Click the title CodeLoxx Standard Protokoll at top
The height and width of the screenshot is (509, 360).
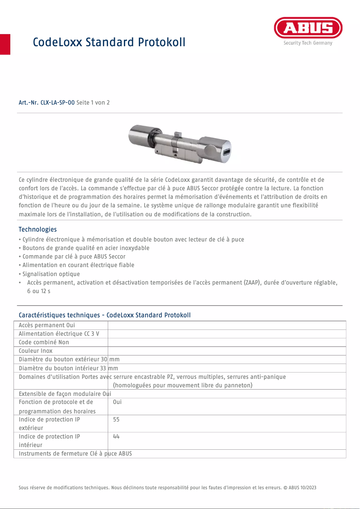pos(109,42)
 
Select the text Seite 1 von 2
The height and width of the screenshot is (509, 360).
pos(93,103)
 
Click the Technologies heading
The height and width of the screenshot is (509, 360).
pos(38,229)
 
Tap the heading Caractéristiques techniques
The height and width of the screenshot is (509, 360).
pos(105,315)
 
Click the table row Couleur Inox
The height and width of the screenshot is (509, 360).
pos(35,351)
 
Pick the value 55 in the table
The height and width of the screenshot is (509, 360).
pos(117,419)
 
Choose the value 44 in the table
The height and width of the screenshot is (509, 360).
pos(117,436)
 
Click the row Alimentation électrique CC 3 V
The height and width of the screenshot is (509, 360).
pos(59,333)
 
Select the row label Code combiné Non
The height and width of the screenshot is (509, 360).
pos(44,342)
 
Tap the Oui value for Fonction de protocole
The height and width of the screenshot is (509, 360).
pos(118,402)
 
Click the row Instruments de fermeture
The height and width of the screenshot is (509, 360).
pos(75,453)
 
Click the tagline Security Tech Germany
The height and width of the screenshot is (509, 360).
pos(308,43)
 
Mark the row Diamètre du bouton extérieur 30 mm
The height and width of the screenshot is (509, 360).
pos(69,359)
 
